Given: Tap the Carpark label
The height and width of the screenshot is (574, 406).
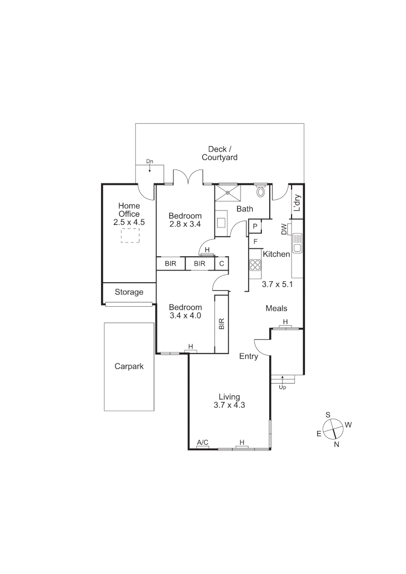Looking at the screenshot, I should coord(129,366).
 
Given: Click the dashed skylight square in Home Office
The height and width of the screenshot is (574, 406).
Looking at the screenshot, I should coord(129,235).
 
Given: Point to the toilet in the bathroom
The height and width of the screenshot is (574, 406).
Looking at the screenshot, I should coord(261,191).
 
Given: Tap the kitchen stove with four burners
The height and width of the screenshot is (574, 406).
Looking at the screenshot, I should coord(255,265).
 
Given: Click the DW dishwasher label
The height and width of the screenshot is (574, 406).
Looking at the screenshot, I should coord(284,229).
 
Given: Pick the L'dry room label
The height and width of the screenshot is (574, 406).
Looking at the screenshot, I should coord(297,204).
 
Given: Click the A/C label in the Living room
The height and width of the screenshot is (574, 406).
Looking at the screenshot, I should coord(202,442).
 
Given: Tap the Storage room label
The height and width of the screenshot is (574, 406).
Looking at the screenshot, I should coord(129,292).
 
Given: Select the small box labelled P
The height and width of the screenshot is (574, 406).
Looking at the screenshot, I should coord(255,226).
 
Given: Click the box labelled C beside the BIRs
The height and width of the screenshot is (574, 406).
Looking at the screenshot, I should coord(221,264).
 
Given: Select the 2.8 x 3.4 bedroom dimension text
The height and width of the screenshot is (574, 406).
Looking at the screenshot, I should coord(185,224).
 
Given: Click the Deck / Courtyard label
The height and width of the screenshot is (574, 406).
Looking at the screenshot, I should coord(219,153).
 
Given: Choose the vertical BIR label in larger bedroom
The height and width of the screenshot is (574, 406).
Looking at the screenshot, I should coord(221,324).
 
